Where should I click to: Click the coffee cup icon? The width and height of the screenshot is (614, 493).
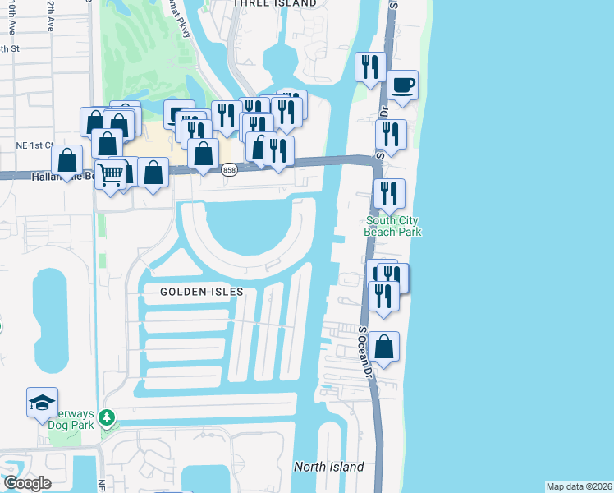pos(403,85)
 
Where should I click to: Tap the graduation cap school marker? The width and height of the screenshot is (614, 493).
pos(42,403)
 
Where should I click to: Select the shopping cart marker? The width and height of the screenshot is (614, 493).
pos(110,173)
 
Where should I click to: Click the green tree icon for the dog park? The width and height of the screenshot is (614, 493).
pos(106,418)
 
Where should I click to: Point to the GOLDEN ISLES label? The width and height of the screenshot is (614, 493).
pos(190,292)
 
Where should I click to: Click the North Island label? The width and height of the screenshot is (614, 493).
pos(328,467)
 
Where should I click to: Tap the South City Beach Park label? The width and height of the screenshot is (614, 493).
pos(393,226)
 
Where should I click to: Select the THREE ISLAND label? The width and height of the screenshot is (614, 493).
pos(275,4)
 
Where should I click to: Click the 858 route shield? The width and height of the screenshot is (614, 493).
pos(230,169)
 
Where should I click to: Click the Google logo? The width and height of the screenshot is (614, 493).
pos(26,483)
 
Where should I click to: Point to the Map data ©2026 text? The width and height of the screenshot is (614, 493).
pos(579,486)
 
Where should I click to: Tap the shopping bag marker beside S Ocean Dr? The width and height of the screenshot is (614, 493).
pos(383,348)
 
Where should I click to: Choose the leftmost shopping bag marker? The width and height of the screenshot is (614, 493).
pos(66,160)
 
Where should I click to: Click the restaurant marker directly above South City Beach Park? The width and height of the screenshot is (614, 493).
pos(388,194)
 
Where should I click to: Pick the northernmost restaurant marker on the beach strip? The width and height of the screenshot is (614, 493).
pos(370,67)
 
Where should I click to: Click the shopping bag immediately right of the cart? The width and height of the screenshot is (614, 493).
pos(153,173)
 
